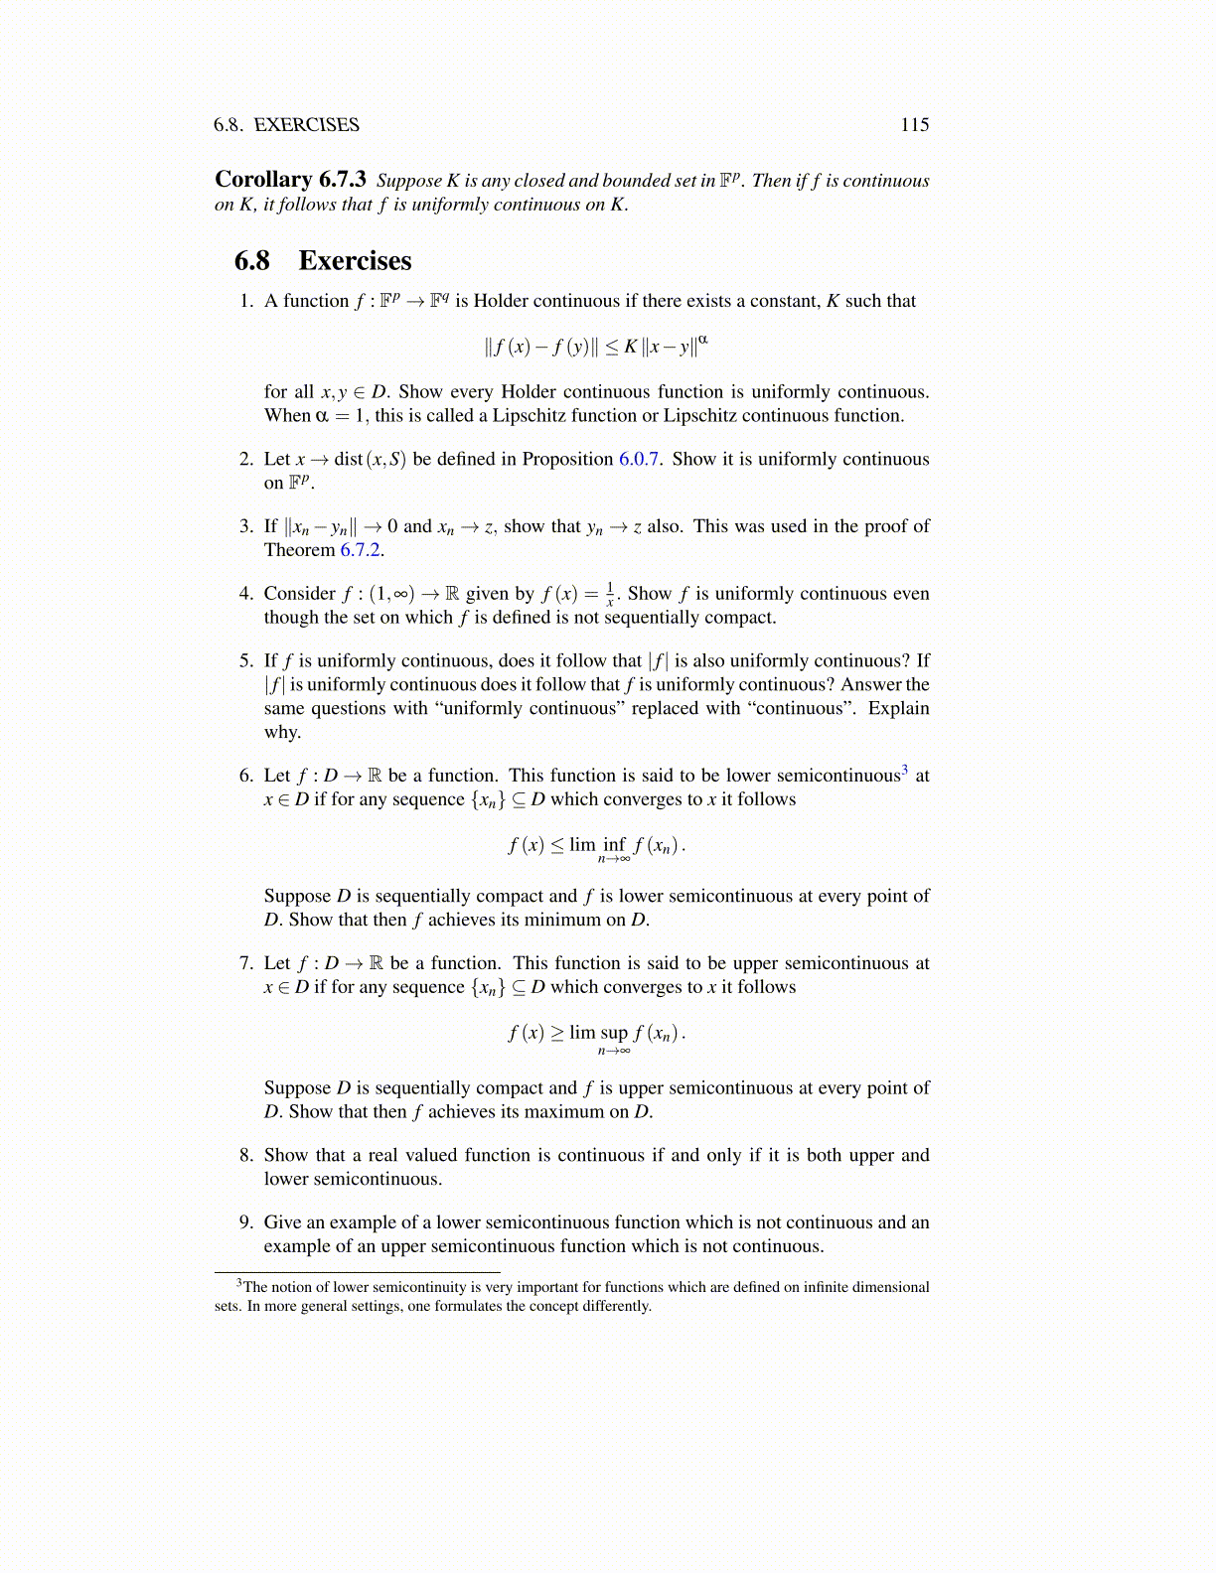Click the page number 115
pos(914,125)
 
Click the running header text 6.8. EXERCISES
pos(286,125)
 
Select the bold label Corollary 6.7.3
pos(290,180)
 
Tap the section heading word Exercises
pos(355,261)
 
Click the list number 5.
pos(246,661)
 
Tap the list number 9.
pos(246,1222)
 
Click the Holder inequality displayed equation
pos(596,347)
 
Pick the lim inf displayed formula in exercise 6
pos(596,847)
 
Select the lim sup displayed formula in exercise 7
pos(596,1035)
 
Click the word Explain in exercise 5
pos(898,708)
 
